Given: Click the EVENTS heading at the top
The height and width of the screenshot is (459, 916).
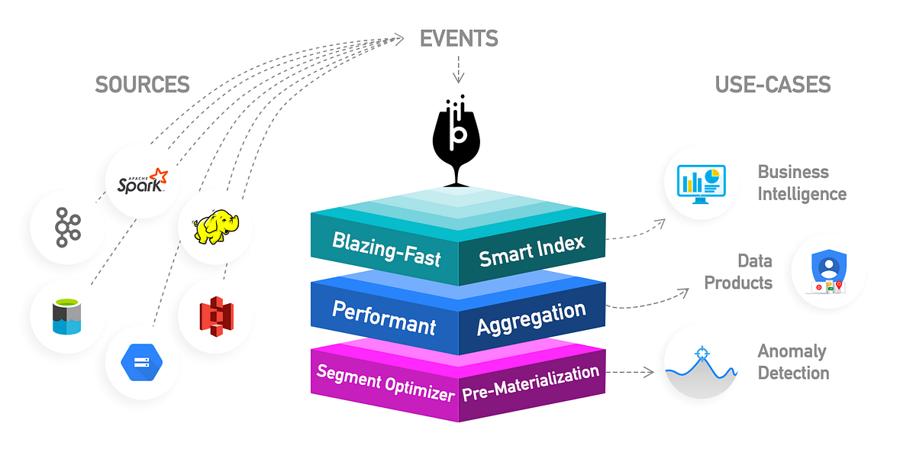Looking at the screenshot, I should click(459, 38).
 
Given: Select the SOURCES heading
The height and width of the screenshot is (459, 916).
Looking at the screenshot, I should click(142, 84).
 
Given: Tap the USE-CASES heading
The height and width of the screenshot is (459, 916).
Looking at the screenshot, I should click(772, 84).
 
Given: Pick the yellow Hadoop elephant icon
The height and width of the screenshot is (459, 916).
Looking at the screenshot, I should click(216, 227).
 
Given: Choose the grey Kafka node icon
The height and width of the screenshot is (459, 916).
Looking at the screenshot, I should click(69, 228).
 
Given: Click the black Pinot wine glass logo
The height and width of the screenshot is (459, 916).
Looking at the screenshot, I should click(458, 141).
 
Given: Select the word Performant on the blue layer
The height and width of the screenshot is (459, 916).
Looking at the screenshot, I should click(384, 318).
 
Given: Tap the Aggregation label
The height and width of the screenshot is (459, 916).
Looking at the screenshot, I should click(531, 318).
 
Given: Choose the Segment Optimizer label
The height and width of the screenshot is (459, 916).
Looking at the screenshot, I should click(385, 383).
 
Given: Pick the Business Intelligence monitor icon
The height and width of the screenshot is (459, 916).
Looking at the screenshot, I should click(700, 183).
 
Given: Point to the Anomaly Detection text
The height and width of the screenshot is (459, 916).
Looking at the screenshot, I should click(793, 362).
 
